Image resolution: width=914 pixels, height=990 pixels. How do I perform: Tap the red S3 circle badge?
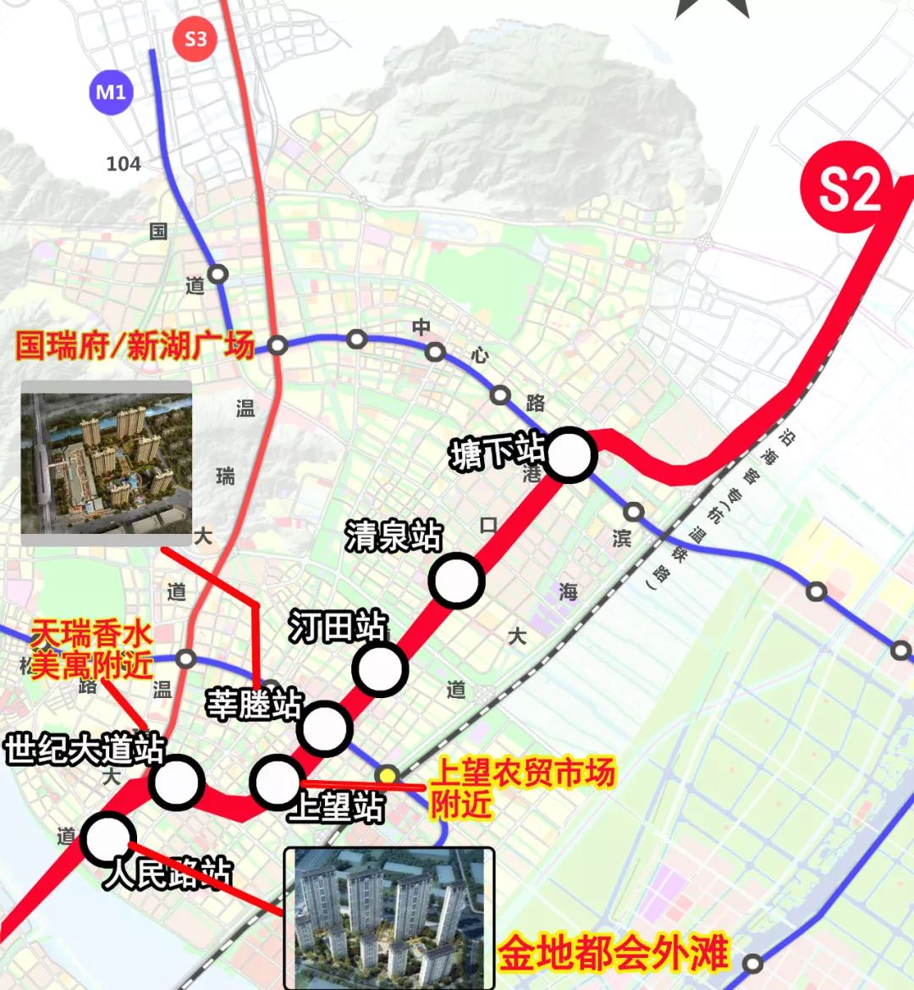point(195,38)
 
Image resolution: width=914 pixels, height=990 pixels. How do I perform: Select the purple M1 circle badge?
point(110,91)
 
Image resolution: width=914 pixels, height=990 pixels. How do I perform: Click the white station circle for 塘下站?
point(570,455)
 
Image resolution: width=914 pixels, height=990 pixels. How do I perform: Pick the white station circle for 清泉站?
point(456,580)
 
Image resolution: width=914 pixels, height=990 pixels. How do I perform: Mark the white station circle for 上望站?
point(277,783)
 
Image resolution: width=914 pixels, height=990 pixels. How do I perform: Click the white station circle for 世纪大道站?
point(177,783)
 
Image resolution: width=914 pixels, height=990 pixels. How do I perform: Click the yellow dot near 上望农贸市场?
point(388,774)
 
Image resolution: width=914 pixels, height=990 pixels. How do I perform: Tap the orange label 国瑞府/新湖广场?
point(135,346)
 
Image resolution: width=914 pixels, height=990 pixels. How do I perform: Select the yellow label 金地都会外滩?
point(612,953)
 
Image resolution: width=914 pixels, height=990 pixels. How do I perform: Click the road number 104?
point(124,163)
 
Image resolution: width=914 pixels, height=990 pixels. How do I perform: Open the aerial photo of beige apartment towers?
point(106,457)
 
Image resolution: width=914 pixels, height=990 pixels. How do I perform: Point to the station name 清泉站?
point(394,536)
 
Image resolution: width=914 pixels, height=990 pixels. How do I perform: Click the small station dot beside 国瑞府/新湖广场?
point(278,345)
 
